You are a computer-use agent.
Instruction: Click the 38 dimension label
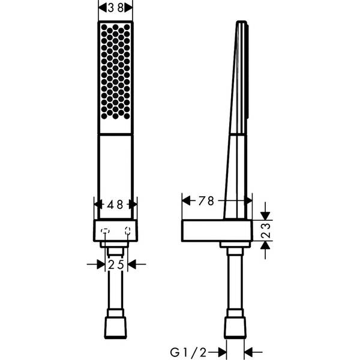click(115, 8)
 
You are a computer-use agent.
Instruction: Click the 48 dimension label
click(116, 204)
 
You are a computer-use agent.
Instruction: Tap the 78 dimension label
click(206, 201)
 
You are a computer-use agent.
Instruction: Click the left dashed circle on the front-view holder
click(104, 230)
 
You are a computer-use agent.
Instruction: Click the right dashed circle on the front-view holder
click(128, 230)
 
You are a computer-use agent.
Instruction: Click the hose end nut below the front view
click(116, 326)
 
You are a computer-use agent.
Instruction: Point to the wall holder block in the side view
click(216, 230)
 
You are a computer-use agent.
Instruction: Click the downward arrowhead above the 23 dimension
click(266, 215)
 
